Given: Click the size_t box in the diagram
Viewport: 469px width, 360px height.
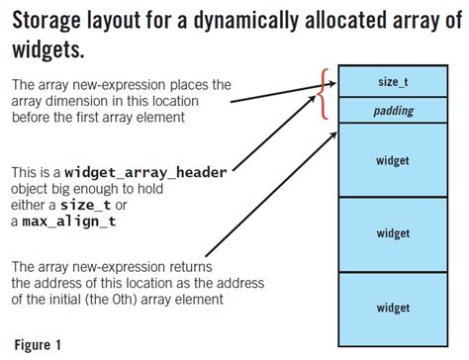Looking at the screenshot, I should click(394, 82).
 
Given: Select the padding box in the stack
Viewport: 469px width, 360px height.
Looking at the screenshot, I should click(394, 112).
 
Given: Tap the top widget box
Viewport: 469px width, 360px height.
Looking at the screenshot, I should click(394, 159).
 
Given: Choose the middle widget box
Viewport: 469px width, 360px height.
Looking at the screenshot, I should click(394, 233).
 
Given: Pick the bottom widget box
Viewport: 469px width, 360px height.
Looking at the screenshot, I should click(394, 308).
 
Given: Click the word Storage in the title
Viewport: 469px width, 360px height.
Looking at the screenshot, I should click(49, 21).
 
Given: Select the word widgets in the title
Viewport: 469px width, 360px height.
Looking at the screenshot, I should click(48, 47).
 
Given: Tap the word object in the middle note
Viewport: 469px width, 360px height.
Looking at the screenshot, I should click(34, 188).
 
